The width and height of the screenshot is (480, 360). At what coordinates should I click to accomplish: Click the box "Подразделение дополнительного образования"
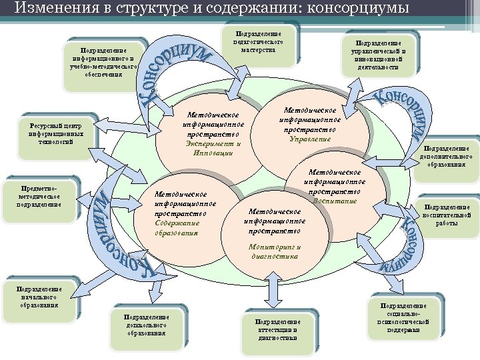pos(447,157)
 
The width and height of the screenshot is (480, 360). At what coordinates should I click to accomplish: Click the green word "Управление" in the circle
pos(310,139)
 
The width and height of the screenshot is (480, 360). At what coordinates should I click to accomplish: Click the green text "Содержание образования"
pos(177,228)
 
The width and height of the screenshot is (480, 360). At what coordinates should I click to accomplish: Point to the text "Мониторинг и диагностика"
pos(274,251)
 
